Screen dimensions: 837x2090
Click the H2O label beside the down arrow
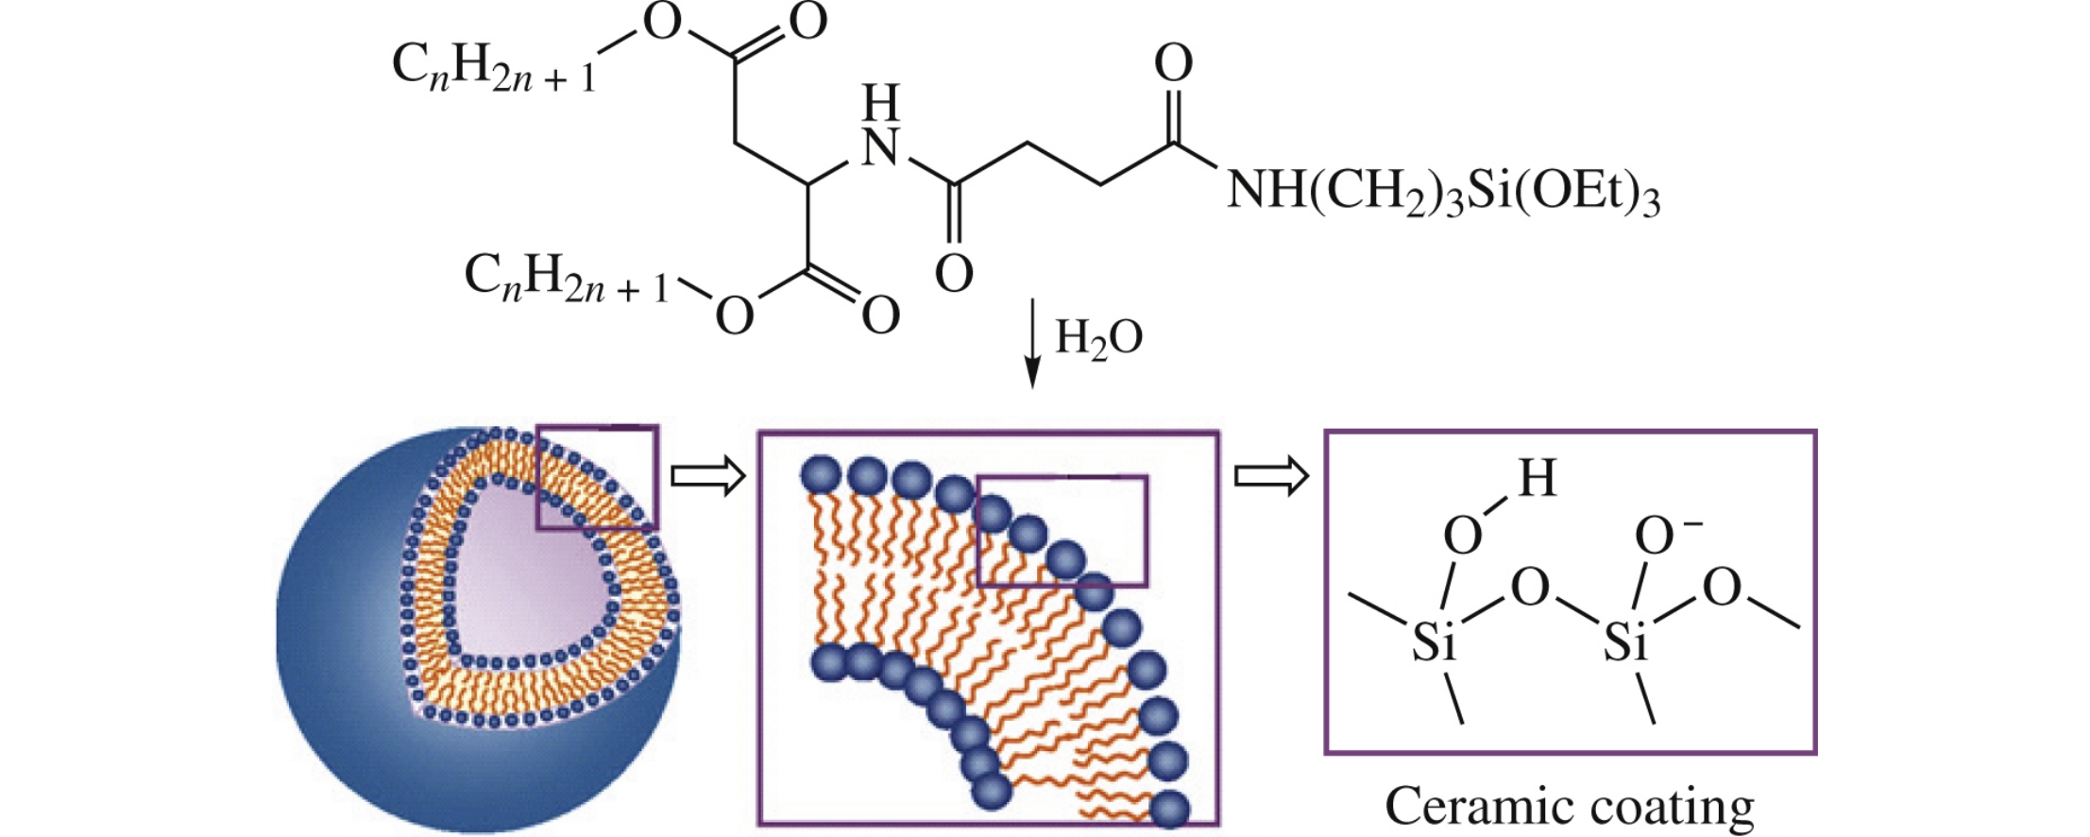point(1098,338)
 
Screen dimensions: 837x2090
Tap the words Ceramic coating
point(1569,806)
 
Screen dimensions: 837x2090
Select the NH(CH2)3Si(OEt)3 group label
point(1442,193)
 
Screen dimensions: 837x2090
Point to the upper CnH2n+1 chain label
point(494,68)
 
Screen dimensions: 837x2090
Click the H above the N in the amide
point(881,102)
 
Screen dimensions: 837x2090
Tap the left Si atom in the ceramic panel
point(1435,642)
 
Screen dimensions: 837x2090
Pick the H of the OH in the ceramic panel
point(1537,479)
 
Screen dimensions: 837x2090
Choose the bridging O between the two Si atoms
point(1530,588)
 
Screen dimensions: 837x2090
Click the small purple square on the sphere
point(597,477)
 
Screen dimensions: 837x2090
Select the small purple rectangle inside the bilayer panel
point(1062,531)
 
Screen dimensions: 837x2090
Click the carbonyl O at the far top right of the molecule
point(1174,64)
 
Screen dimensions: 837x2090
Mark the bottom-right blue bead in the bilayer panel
point(1169,809)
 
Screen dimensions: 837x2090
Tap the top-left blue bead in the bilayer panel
point(820,473)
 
